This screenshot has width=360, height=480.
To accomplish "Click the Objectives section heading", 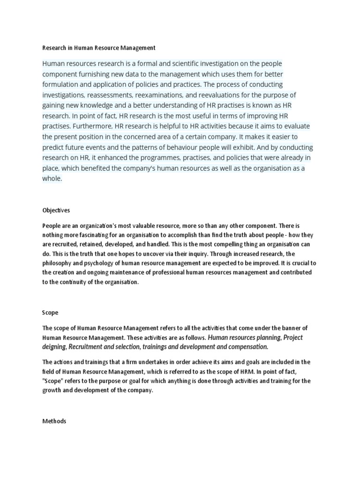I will pyautogui.click(x=56, y=210).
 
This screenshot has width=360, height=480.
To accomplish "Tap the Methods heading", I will pyautogui.click(x=54, y=421).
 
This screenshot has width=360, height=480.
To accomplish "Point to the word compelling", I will pyautogui.click(x=200, y=245).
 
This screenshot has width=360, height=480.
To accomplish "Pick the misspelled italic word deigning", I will pyautogui.click(x=55, y=347).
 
